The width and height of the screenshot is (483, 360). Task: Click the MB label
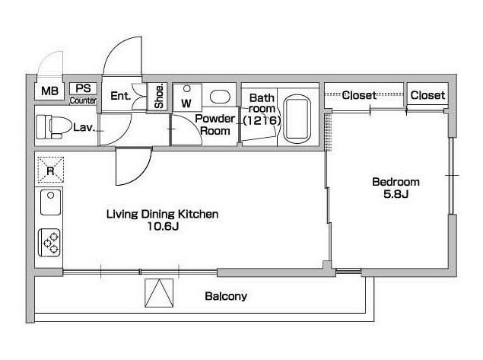pyautogui.click(x=49, y=91)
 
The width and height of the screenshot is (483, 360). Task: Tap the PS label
pyautogui.click(x=83, y=88)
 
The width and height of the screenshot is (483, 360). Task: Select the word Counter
pyautogui.click(x=83, y=100)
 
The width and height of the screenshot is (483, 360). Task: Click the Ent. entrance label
pyautogui.click(x=120, y=96)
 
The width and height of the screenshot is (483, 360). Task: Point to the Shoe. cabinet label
pyautogui.click(x=159, y=96)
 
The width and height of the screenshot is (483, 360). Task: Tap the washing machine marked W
pyautogui.click(x=187, y=97)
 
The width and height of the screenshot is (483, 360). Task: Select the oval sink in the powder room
pyautogui.click(x=220, y=97)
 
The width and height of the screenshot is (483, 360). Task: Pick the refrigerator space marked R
pyautogui.click(x=51, y=170)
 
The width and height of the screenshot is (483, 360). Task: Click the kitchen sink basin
pyautogui.click(x=51, y=202)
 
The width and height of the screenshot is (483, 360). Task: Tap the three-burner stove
pyautogui.click(x=49, y=243)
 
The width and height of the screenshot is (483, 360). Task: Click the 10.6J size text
pyautogui.click(x=163, y=227)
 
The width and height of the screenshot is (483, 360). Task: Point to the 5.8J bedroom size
pyautogui.click(x=396, y=194)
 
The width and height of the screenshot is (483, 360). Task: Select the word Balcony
pyautogui.click(x=226, y=297)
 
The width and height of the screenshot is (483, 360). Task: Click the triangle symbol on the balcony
pyautogui.click(x=159, y=293)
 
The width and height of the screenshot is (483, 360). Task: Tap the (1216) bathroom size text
pyautogui.click(x=262, y=120)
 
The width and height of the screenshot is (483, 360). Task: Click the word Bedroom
pyautogui.click(x=396, y=182)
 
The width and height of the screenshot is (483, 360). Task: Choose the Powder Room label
pyautogui.click(x=214, y=125)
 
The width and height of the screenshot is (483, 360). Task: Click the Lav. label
pyautogui.click(x=84, y=128)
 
